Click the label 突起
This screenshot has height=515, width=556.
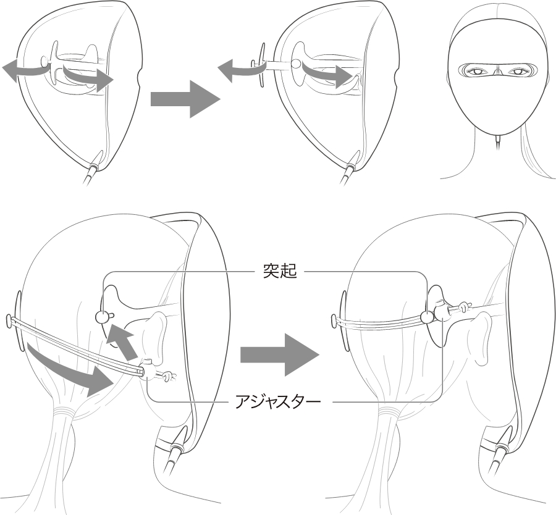pyautogui.click(x=280, y=272)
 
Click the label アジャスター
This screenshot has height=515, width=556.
pyautogui.click(x=278, y=402)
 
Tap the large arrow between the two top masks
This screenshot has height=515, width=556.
pyautogui.click(x=185, y=99)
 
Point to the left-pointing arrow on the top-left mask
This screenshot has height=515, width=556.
pyautogui.click(x=25, y=70)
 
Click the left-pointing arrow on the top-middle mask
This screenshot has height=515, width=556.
pyautogui.click(x=241, y=70)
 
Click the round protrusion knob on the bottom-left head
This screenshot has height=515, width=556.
pyautogui.click(x=103, y=316)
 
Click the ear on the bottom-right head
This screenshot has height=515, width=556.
pyautogui.click(x=481, y=336)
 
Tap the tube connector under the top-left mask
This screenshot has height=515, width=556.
pyautogui.click(x=95, y=166)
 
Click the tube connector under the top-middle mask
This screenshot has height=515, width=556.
pyautogui.click(x=352, y=166)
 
